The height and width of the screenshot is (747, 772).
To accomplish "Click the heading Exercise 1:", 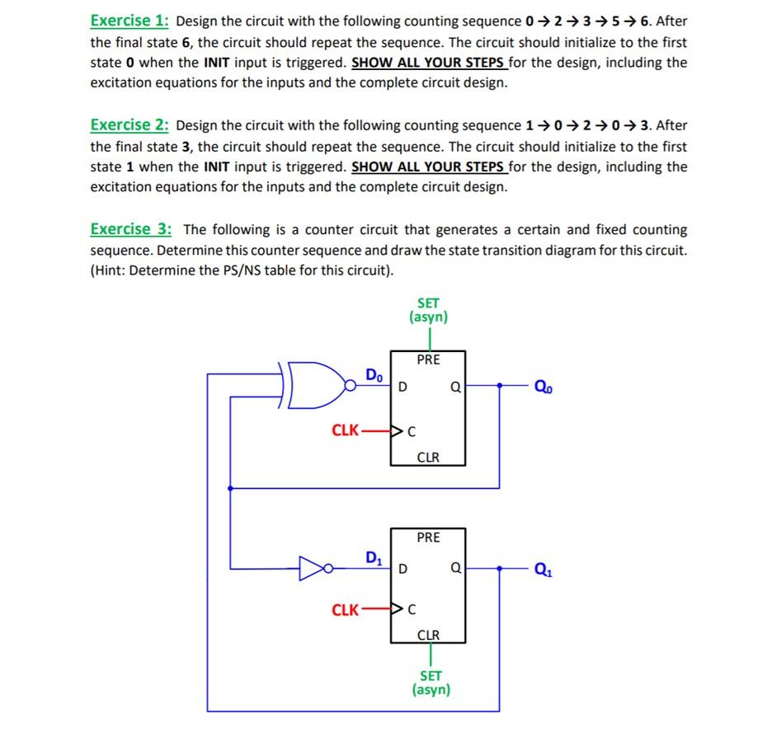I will [130, 21].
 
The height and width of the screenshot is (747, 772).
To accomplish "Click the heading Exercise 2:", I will [130, 125].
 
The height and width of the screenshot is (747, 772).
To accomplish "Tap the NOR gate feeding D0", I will [317, 385].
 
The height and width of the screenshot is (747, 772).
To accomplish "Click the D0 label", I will [374, 375].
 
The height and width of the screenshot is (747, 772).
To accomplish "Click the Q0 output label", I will [544, 385].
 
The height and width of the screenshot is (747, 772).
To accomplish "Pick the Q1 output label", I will [544, 568].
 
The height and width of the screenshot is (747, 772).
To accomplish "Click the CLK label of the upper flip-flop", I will [345, 430].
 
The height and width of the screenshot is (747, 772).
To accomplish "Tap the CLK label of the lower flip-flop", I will [345, 610].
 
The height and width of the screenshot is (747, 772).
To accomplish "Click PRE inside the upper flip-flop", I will [428, 359].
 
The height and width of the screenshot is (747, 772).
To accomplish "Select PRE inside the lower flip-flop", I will [428, 538].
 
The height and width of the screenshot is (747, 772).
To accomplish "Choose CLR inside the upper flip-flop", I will [428, 456].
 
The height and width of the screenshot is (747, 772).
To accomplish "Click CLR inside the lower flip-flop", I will [428, 635].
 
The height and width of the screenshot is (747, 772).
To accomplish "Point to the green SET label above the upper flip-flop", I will [428, 303].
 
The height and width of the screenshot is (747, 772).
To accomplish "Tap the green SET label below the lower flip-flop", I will [431, 675].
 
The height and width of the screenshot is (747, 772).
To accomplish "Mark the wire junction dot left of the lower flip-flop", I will [230, 488].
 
